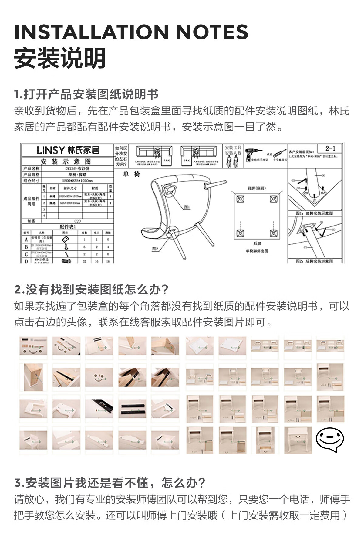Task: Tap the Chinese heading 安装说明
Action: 60,58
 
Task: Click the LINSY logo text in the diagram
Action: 68,150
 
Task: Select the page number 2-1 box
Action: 330,148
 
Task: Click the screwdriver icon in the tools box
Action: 280,153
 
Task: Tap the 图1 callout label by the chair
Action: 187,207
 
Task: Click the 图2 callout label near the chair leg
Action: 155,249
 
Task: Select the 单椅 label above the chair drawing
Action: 131,174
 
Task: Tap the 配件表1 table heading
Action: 67,226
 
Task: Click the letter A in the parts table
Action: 26,240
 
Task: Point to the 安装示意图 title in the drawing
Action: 66,161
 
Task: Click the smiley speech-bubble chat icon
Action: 330,440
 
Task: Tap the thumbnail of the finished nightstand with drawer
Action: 298,440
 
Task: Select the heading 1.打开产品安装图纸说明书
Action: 86,94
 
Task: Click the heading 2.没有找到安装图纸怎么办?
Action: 91,289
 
